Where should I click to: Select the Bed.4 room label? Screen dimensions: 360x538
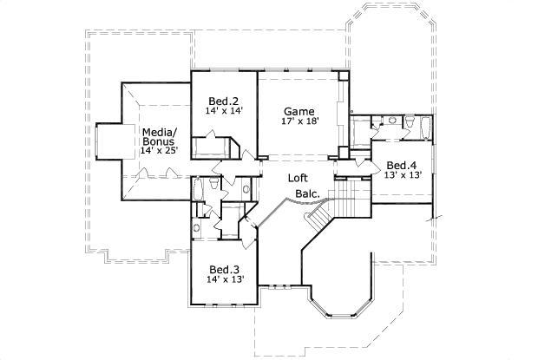point(403,165)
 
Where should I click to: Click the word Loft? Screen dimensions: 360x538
point(299,178)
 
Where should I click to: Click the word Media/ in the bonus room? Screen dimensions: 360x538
point(159,131)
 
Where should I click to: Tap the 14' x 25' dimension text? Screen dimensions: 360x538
point(159,151)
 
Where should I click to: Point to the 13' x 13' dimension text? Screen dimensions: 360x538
point(403,175)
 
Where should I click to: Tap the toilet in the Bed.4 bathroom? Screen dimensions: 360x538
point(391,121)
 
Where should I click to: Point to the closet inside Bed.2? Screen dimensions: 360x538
point(216,146)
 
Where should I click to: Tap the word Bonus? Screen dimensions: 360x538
point(159,141)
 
